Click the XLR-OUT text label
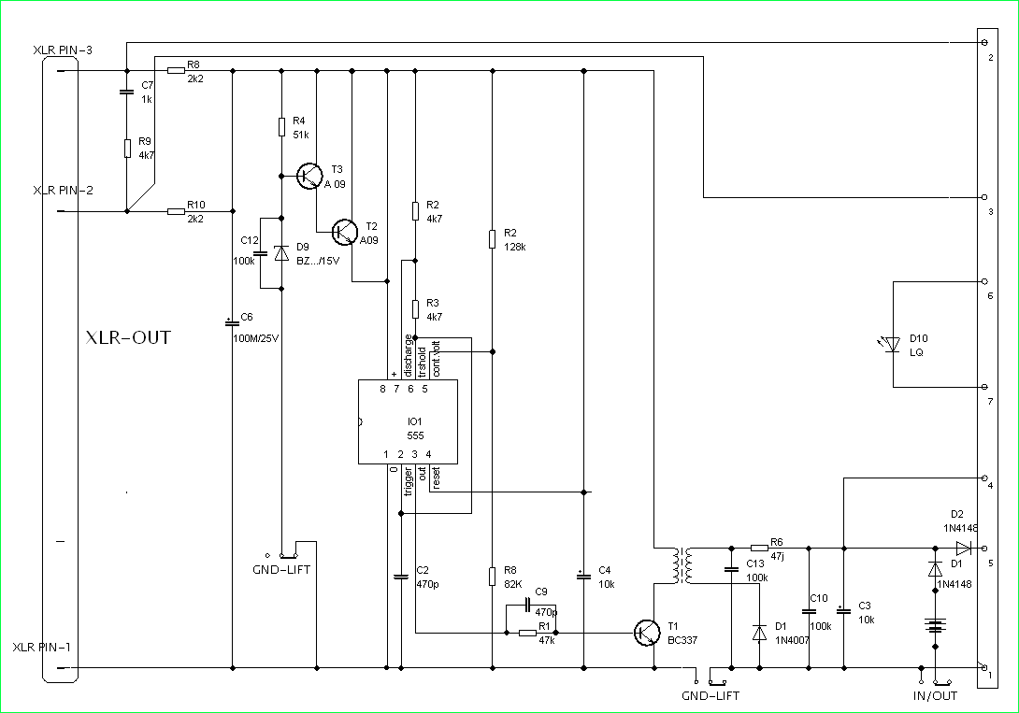tap(128, 337)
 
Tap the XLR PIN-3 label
tap(62, 49)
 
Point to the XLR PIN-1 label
tap(42, 647)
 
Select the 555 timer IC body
tap(408, 421)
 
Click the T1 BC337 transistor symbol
tap(647, 633)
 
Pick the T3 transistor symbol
tap(309, 175)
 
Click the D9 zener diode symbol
tap(280, 253)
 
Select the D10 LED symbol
tap(892, 345)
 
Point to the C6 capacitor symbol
tap(232, 322)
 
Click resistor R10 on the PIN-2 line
tap(176, 212)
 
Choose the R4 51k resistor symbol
tap(280, 127)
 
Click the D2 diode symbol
tap(964, 548)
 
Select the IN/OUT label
tap(935, 695)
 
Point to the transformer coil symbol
tap(682, 565)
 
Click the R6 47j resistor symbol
tap(759, 548)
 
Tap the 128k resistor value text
tap(515, 248)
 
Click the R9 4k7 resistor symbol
tap(126, 149)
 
